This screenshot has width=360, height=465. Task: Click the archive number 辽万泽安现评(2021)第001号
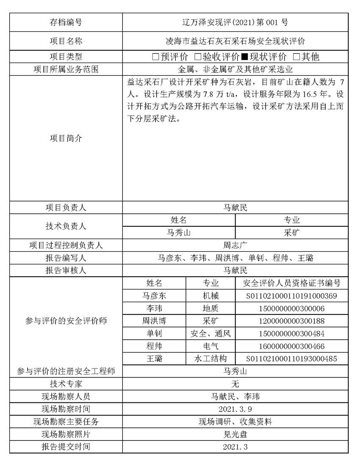[235, 22]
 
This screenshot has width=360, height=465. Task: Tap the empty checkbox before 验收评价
[197, 57]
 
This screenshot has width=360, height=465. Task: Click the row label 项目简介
[66, 138]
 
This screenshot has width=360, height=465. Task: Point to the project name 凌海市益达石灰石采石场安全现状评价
[235, 41]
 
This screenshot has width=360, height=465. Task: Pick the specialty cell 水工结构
[210, 359]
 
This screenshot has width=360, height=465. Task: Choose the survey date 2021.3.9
[235, 409]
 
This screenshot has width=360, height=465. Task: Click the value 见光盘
[235, 434]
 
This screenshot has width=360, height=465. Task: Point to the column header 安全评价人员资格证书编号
[291, 283]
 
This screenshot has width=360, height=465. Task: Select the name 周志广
[235, 245]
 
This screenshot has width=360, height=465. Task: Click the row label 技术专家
[66, 384]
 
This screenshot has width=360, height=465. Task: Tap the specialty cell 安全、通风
[210, 334]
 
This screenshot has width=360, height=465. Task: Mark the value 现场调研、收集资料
[235, 422]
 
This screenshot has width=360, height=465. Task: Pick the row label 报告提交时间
[66, 447]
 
